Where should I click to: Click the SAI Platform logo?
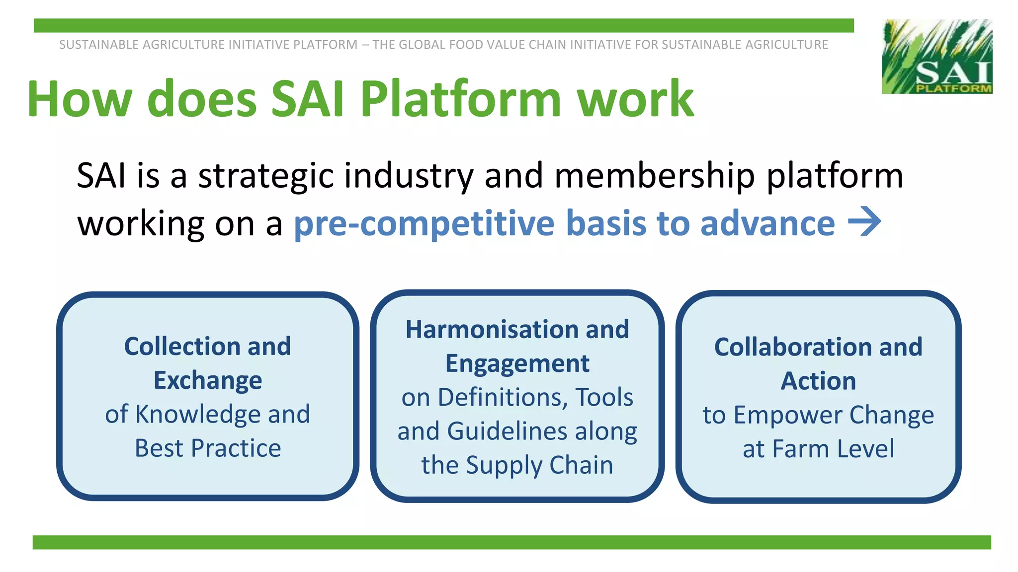click(x=937, y=56)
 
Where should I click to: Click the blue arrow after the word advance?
click(x=864, y=222)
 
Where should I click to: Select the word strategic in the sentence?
click(x=266, y=176)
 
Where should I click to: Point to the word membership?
click(x=655, y=176)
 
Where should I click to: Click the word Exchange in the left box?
click(x=208, y=380)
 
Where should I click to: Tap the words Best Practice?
click(x=208, y=448)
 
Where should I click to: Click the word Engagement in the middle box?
click(x=517, y=364)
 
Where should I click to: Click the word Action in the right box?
click(x=818, y=381)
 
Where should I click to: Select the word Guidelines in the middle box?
click(x=507, y=431)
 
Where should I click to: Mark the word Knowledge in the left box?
click(x=198, y=414)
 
